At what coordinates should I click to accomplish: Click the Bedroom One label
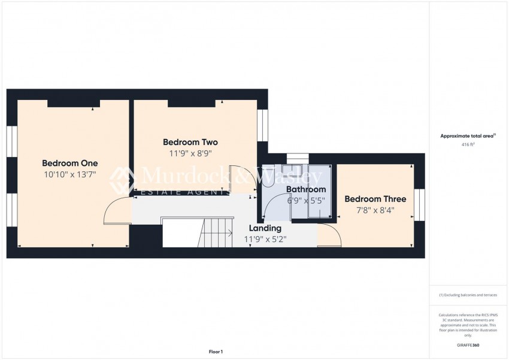69,163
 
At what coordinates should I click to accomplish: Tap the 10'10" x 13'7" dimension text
69,174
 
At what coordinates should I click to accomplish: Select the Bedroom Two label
190,142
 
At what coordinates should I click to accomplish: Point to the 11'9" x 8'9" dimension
190,153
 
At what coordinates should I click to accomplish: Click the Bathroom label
305,189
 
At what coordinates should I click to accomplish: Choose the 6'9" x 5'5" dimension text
305,201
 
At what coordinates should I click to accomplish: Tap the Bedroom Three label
375,199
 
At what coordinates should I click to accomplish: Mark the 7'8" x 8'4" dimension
375,210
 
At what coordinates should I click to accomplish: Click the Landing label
265,228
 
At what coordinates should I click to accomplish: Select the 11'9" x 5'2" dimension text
265,240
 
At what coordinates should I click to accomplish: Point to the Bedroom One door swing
117,211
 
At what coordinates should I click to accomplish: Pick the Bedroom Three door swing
330,235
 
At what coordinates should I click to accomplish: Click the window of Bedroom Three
419,204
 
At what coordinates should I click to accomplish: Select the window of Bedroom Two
262,125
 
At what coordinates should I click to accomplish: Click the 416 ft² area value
468,145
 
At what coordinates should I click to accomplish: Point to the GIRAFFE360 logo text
468,346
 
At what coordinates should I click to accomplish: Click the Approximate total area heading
468,136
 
